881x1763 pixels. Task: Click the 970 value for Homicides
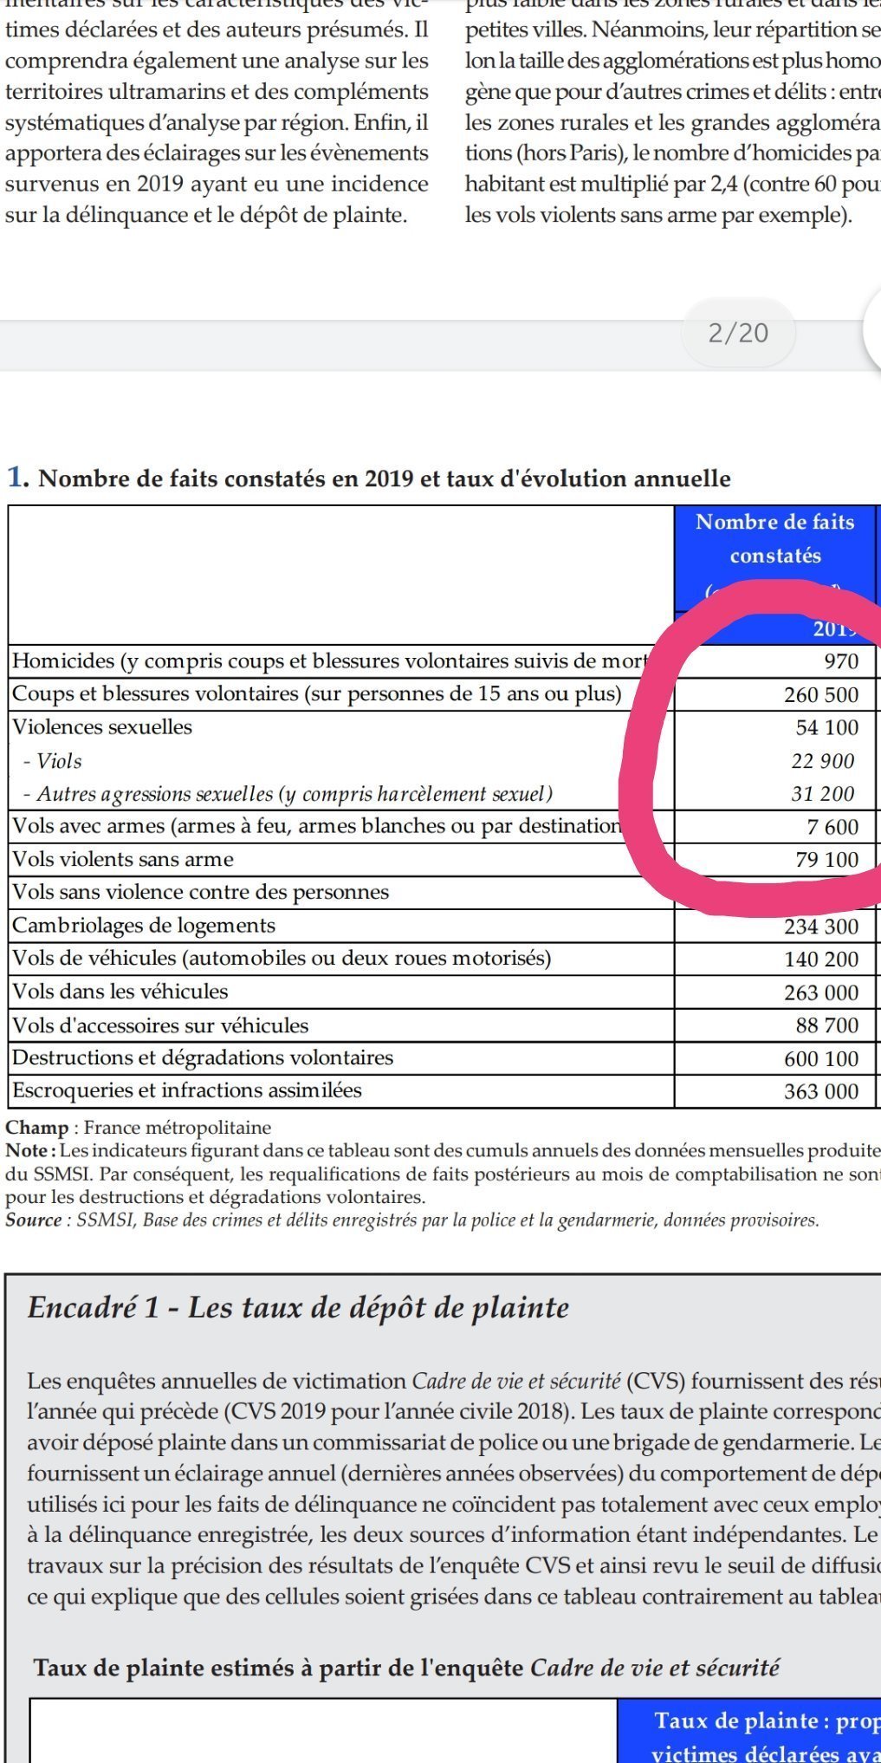(840, 661)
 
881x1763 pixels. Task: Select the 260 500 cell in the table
(820, 695)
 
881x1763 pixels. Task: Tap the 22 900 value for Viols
(822, 761)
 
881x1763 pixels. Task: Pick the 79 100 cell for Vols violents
(826, 860)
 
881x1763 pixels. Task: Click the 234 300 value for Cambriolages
(820, 927)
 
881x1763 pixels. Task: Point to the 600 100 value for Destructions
(820, 1058)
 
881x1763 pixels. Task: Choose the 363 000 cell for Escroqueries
(820, 1091)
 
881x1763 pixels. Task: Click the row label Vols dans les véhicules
(120, 992)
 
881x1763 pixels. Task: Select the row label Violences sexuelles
(102, 727)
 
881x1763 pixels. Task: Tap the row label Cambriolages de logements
(144, 926)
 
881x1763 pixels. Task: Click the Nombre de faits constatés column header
(774, 538)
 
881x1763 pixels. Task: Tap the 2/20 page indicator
(738, 333)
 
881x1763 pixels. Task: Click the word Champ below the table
(37, 1128)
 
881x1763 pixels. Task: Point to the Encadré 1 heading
(298, 1307)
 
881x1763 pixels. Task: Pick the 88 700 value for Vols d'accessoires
(826, 1025)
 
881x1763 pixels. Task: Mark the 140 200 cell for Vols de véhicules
(820, 960)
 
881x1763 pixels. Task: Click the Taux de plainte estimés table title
(406, 1667)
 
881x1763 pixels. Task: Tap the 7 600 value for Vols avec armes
(832, 827)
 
